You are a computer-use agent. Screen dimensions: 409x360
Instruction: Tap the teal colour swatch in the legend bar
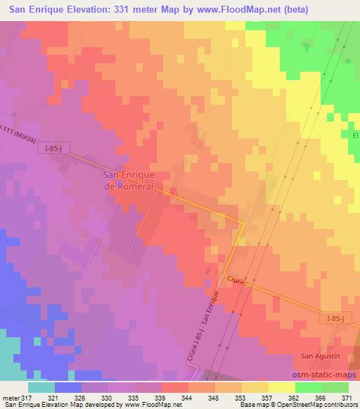pos(41,386)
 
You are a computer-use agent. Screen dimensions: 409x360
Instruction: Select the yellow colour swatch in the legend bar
pos(282,386)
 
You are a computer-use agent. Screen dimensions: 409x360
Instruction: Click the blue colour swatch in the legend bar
pos(68,386)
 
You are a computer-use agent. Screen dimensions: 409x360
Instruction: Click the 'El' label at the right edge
pos(355,134)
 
